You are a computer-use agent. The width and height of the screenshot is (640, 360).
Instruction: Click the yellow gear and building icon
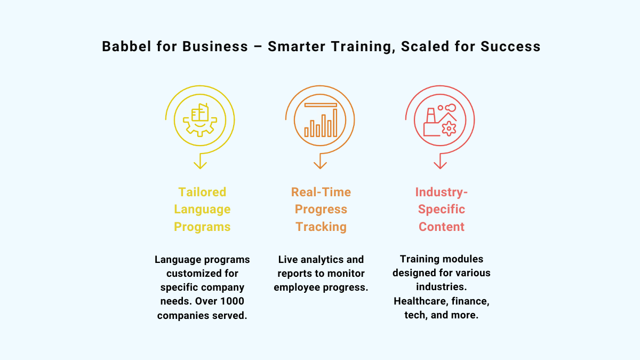coord(200,121)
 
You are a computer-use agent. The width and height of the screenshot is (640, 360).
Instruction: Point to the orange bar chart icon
coord(321,121)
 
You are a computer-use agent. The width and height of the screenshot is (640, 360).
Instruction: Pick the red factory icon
coord(441,121)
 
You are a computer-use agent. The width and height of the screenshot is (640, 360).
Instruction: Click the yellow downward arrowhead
coord(200,165)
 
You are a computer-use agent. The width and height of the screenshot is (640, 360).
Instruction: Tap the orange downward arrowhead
coord(320,165)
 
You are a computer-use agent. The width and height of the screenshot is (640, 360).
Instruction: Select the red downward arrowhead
coord(440,165)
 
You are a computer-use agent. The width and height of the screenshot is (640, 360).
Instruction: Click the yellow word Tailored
coord(202,192)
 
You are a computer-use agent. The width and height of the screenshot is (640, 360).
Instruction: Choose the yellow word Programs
coord(202,227)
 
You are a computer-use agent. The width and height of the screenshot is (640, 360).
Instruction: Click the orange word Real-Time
coord(321,192)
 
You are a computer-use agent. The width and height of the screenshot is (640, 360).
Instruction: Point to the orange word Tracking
coord(321,227)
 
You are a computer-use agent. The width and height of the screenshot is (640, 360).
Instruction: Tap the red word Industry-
coord(442,192)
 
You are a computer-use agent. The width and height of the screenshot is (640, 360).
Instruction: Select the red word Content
coord(442,227)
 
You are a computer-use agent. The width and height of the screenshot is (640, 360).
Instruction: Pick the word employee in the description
coord(298,287)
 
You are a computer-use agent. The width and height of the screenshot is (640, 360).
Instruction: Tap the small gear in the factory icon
coord(449,127)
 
